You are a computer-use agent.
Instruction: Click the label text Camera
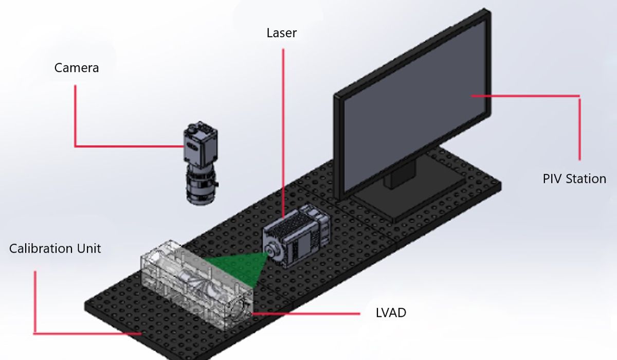(x=77, y=67)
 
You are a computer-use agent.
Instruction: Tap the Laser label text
(x=281, y=33)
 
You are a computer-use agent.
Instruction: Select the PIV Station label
(x=574, y=179)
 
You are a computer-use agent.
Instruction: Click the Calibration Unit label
(x=55, y=249)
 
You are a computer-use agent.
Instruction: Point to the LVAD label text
(x=391, y=313)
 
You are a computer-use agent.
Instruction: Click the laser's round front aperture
(x=270, y=249)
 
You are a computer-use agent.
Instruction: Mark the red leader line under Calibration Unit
(x=35, y=303)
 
